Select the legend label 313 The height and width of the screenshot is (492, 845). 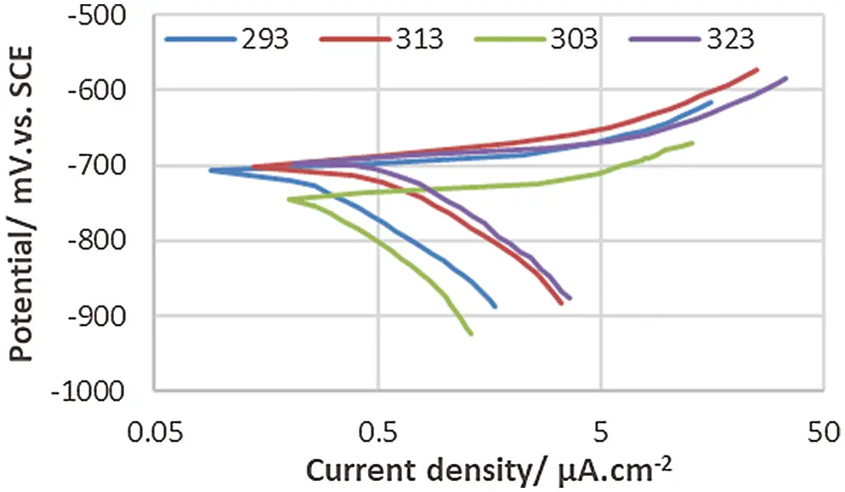[418, 39]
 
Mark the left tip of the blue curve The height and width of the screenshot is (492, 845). [210, 170]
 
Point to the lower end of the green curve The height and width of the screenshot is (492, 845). [471, 335]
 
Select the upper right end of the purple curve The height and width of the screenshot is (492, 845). [786, 78]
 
